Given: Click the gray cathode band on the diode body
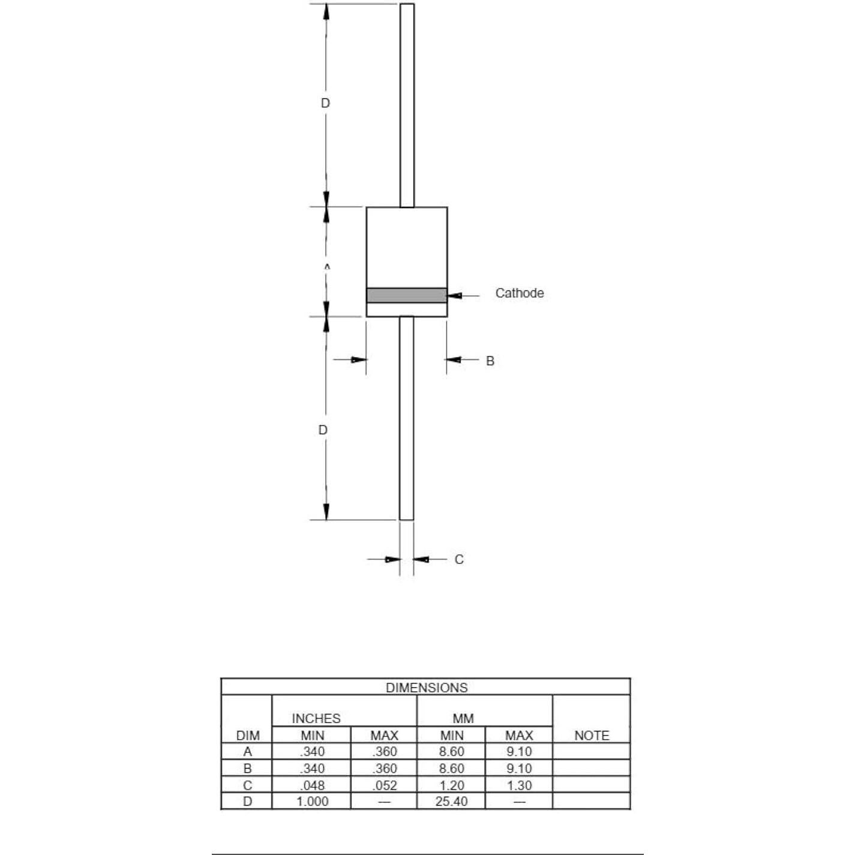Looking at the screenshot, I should tap(406, 295).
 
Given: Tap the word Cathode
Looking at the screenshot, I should tap(519, 293).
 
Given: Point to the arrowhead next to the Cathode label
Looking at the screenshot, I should tap(455, 295).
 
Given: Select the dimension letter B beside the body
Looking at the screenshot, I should tap(490, 361).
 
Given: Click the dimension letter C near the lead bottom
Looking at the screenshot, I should tap(458, 559).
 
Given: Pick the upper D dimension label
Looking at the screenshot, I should tap(325, 103).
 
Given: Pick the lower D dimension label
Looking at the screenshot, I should tap(323, 430).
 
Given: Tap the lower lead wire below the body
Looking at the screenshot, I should tap(406, 420).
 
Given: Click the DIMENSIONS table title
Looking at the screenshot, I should tap(426, 688).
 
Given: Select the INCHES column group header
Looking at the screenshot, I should tap(316, 718).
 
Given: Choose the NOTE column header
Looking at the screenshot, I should tap(591, 735).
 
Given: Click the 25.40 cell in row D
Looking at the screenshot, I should tap(451, 801).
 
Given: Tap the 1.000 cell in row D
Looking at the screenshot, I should tap(312, 801).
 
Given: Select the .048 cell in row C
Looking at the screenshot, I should tap(312, 785).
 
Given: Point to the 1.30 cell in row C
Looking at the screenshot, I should tap(518, 785).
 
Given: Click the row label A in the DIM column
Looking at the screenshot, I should tap(247, 752).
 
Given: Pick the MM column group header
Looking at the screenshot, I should tap(463, 718).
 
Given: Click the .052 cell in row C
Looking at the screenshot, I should tap(384, 785).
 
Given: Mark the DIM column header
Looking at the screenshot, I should tap(248, 735).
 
